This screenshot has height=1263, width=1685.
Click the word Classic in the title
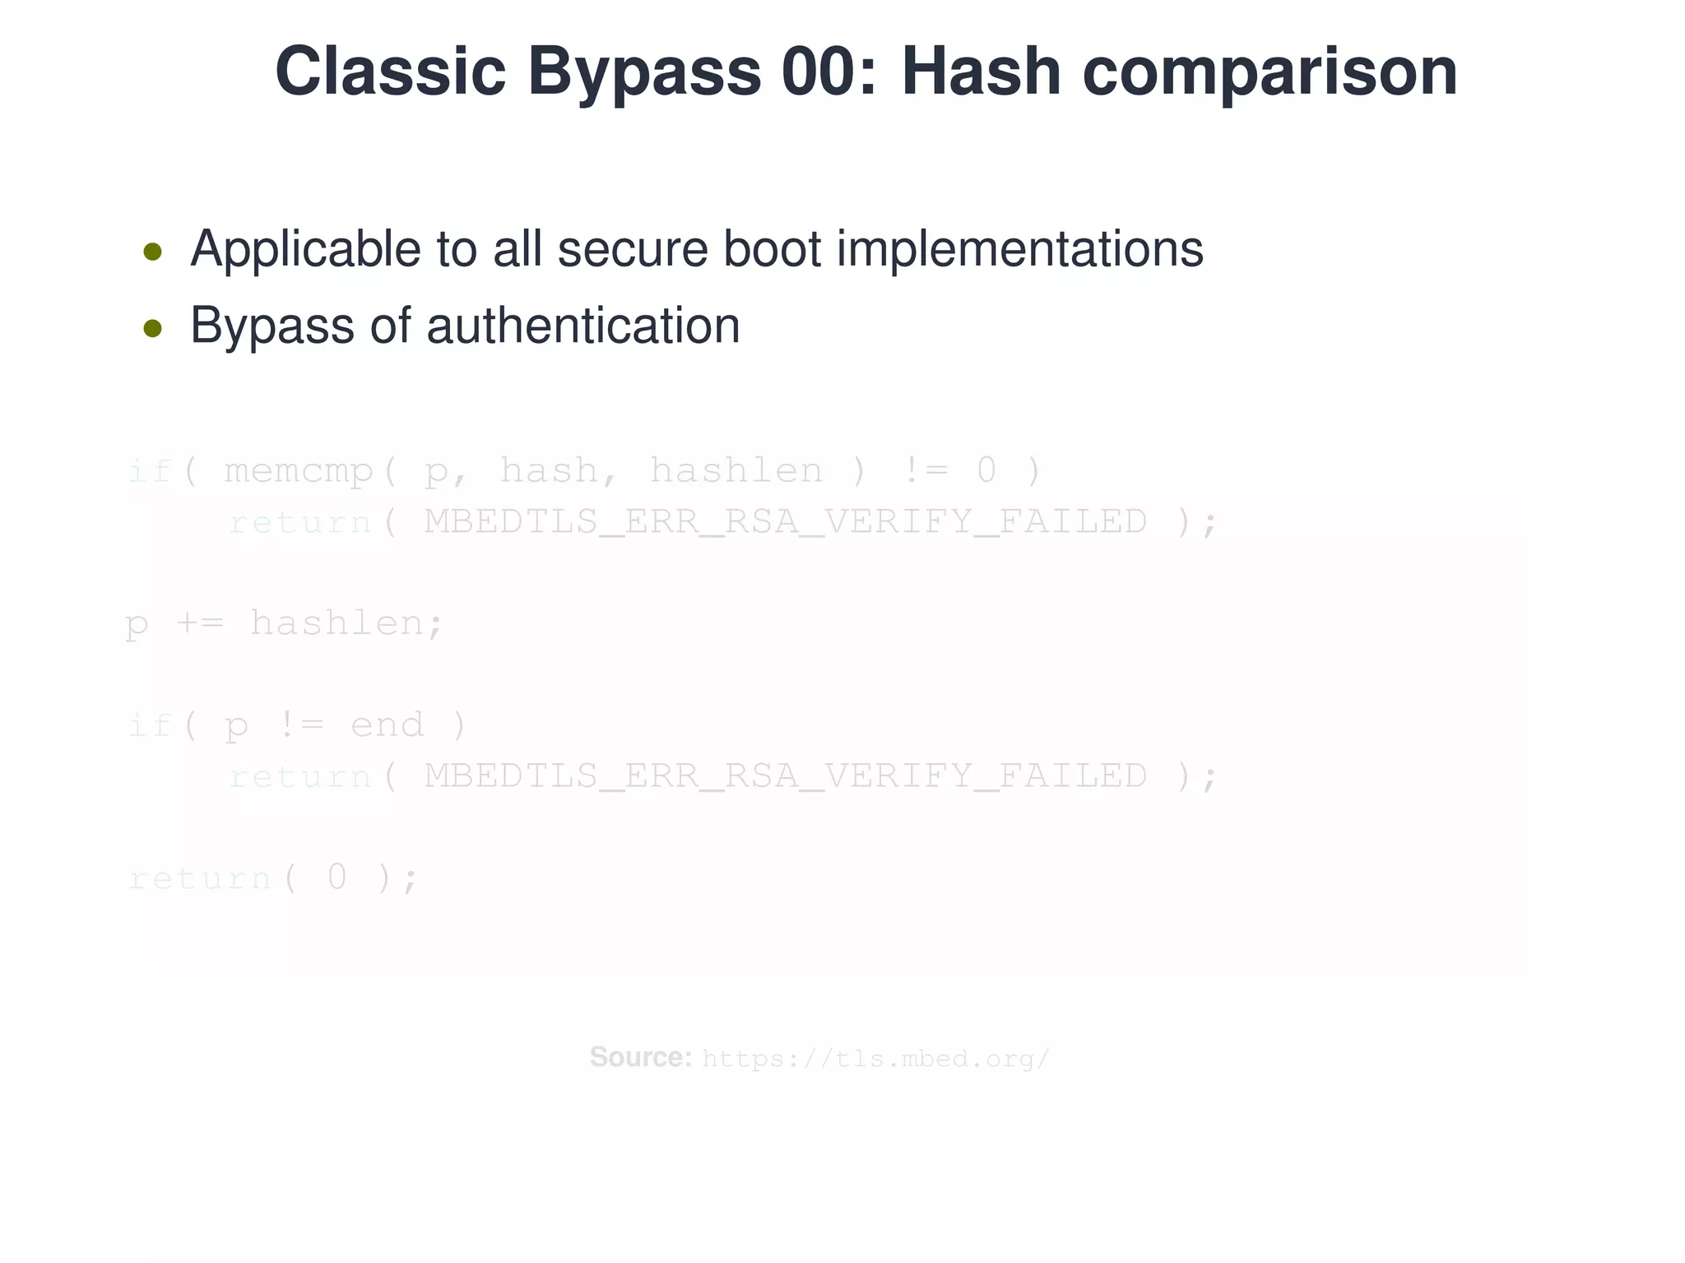pos(390,72)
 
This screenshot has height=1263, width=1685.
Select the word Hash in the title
pos(980,72)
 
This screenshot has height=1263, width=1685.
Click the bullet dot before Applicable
pos(152,252)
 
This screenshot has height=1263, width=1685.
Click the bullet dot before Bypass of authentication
pos(152,329)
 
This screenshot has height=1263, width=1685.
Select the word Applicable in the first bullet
pos(305,249)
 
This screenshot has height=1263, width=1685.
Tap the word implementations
pos(1019,249)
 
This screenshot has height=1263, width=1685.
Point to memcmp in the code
pos(299,472)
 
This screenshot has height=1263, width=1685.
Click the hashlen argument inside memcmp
pos(736,470)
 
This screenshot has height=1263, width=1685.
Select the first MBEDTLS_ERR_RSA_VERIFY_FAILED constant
pos(785,521)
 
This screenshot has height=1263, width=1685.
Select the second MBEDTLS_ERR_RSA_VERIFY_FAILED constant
pos(785,776)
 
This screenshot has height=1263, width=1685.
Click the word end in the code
pos(387,725)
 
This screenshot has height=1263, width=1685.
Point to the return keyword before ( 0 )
pos(200,878)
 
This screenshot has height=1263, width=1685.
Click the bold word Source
pos(640,1057)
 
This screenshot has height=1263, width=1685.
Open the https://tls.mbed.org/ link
pos(875,1059)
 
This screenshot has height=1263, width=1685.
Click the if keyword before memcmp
pos(150,471)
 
